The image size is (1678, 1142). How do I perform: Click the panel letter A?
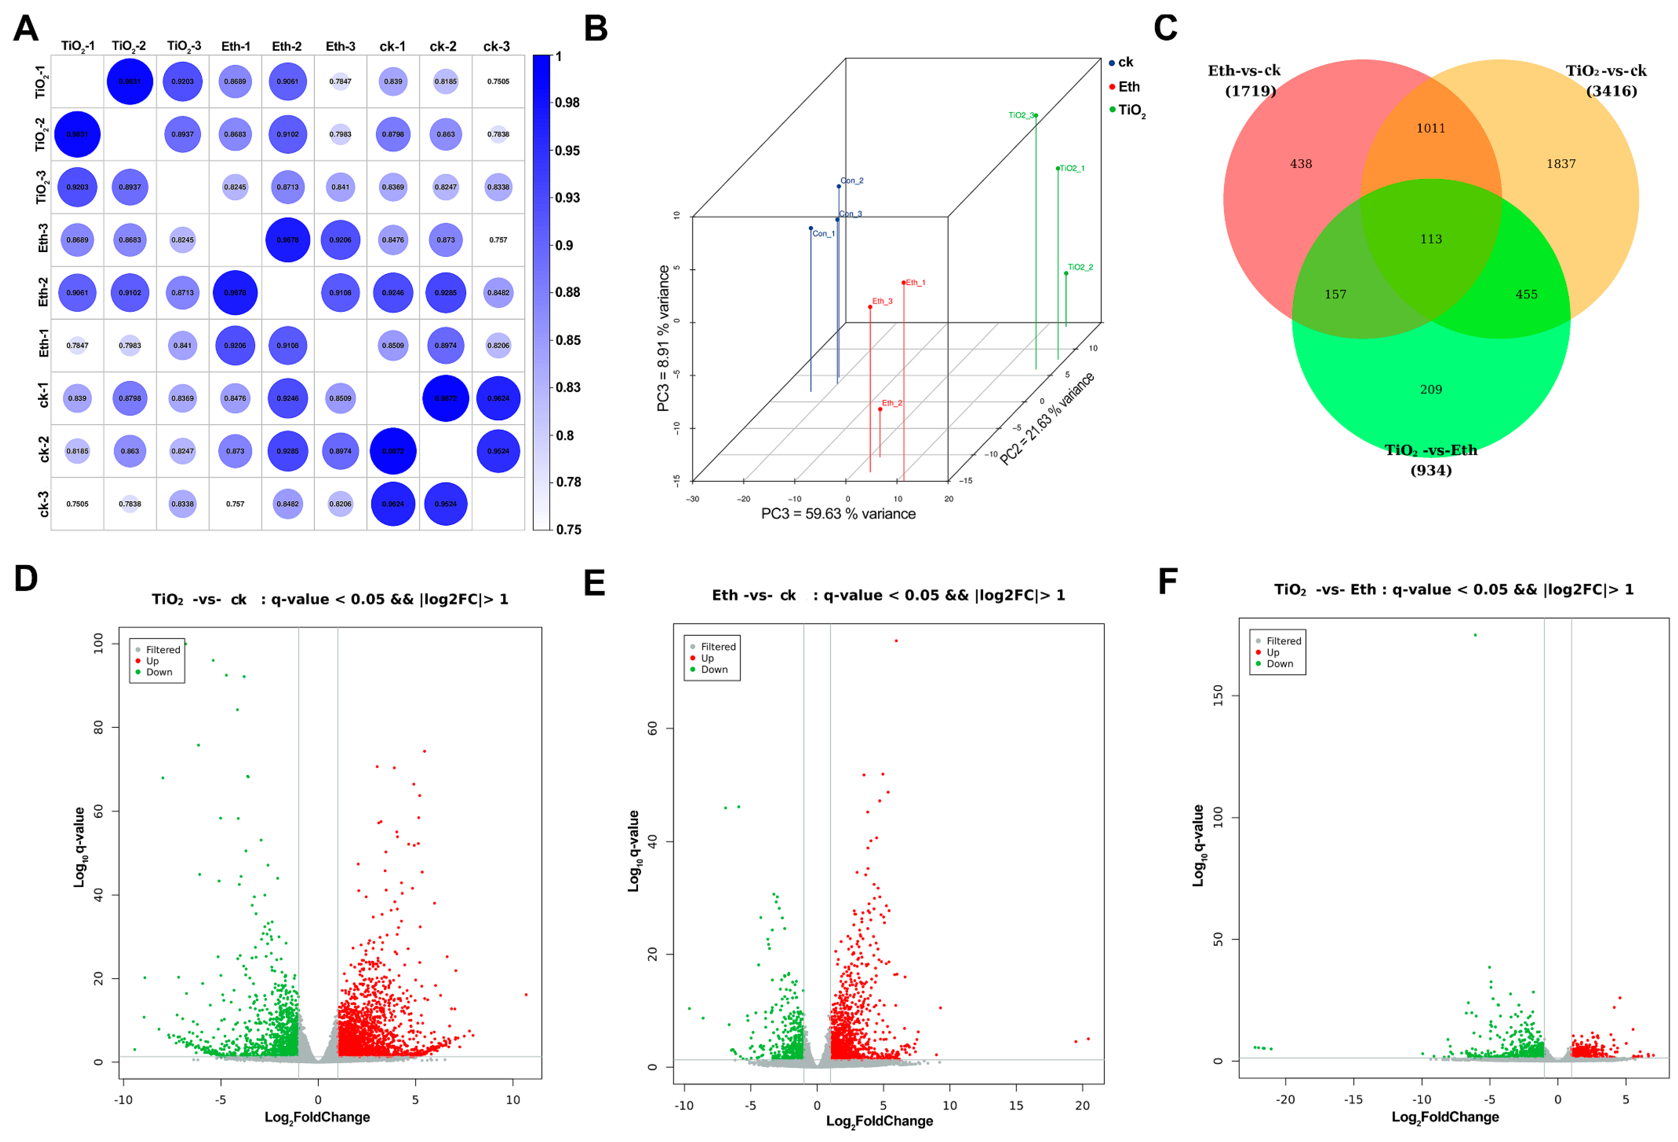point(26,29)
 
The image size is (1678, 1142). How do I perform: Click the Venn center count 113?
point(1431,239)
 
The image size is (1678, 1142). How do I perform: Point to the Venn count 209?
point(1431,389)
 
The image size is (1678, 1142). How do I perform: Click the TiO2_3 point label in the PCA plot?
point(1020,115)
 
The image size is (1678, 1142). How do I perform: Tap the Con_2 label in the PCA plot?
point(852,181)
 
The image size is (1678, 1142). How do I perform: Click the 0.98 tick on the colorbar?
point(567,103)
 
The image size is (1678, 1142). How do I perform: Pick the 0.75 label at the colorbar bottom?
point(568,529)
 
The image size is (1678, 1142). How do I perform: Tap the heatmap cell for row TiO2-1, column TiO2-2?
point(130,82)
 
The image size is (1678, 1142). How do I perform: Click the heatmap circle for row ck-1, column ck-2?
point(445,398)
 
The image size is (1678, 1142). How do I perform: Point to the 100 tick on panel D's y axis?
point(98,643)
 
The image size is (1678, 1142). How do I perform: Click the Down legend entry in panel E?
point(713,670)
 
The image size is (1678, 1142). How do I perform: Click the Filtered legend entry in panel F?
point(1283,641)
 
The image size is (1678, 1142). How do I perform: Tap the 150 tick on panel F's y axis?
point(1218,696)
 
